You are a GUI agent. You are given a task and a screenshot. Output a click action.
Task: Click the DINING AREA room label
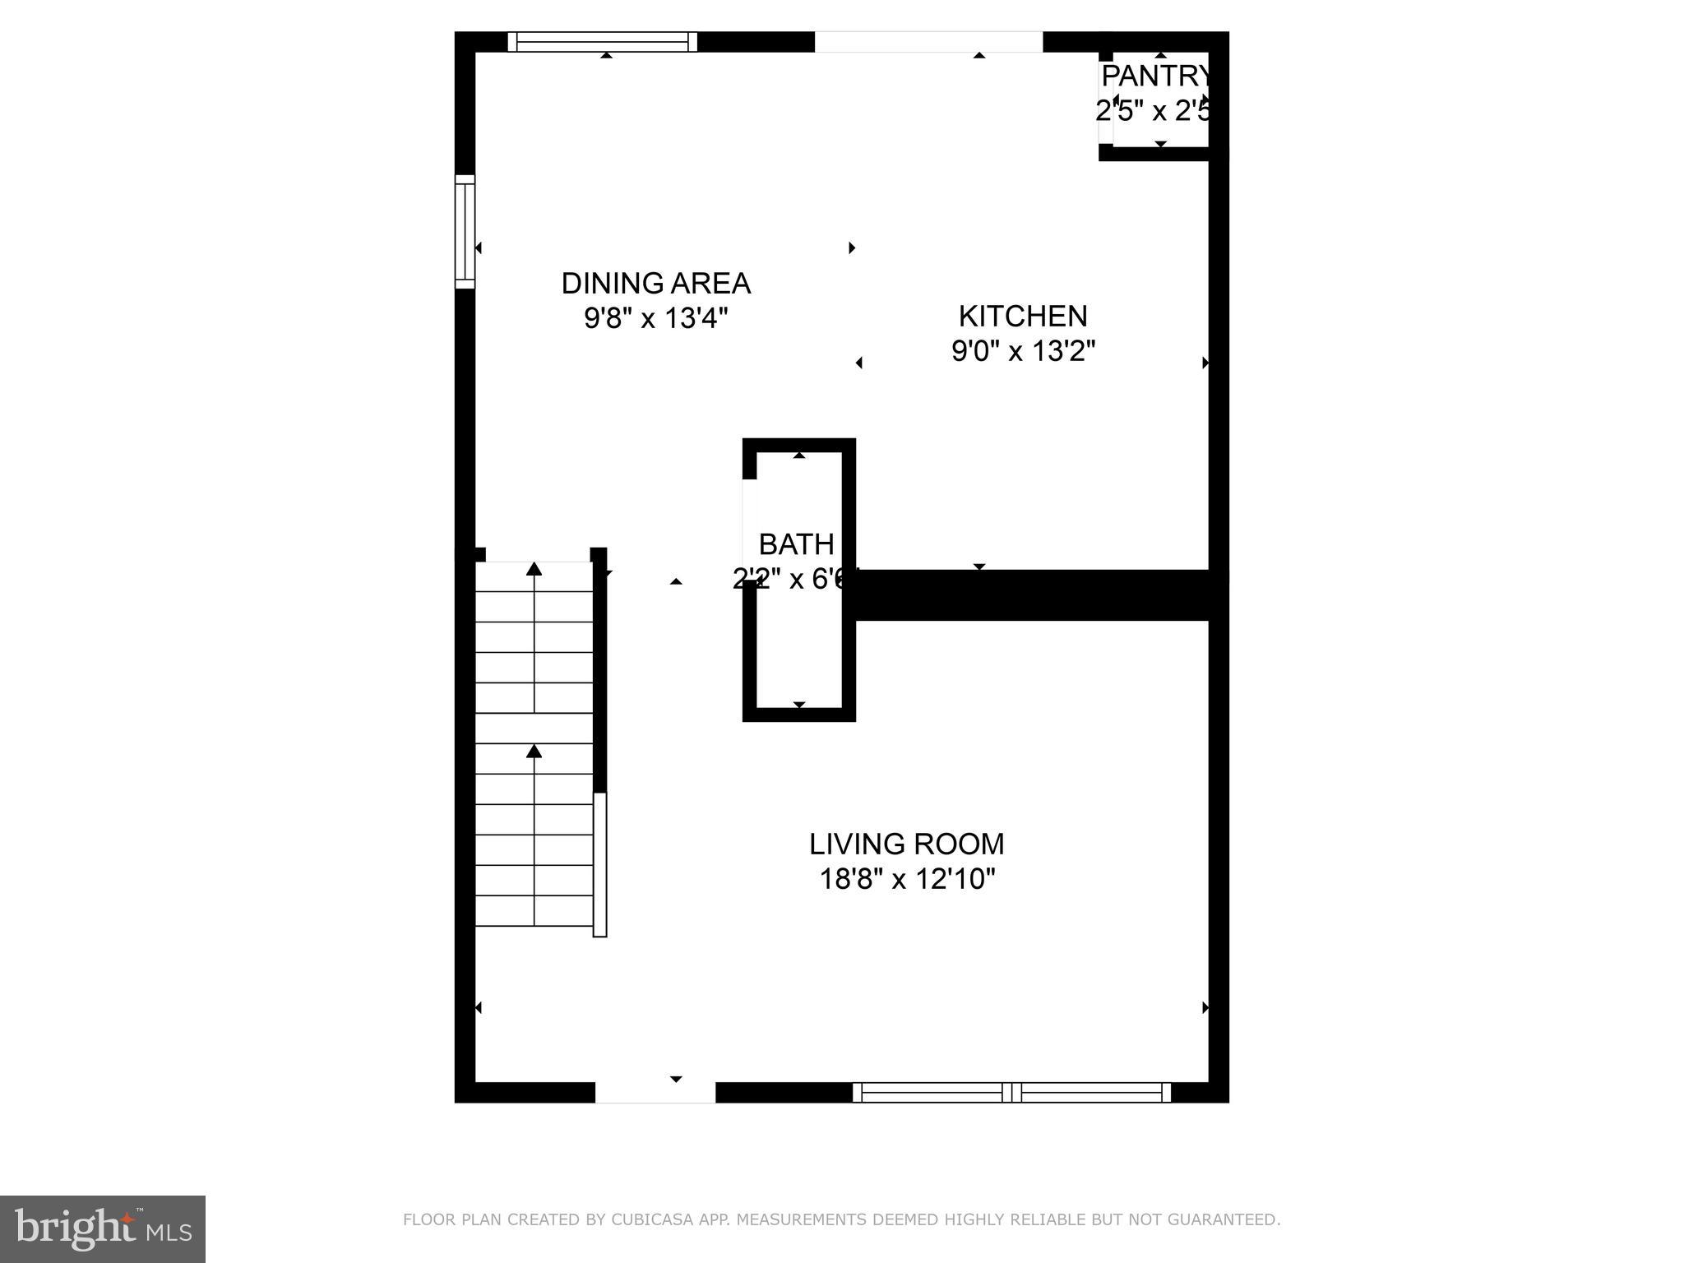coord(655,283)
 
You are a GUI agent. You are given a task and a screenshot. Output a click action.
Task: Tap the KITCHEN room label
coord(1023,316)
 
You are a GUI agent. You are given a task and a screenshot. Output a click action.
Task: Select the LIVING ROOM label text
coord(906,844)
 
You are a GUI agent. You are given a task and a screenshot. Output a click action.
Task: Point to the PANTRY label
coord(1155,76)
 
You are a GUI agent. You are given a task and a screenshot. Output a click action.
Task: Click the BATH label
coord(796,544)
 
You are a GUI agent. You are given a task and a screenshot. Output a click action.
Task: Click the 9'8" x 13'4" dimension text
coord(655,318)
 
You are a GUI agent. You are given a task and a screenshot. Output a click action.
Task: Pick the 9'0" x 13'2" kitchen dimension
coord(1023,351)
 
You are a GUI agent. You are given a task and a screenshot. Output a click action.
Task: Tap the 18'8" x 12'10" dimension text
coord(906,879)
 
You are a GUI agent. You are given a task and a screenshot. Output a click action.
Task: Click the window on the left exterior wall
coord(465,231)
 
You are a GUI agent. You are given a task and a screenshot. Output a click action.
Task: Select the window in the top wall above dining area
coord(602,41)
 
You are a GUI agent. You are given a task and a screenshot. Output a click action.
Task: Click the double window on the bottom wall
coord(1011,1092)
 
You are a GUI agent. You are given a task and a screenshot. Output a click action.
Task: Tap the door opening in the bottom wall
coord(655,1092)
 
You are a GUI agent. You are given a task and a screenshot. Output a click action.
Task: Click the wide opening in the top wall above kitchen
coord(928,41)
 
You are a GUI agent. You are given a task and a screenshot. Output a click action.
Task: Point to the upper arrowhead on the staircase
coord(534,568)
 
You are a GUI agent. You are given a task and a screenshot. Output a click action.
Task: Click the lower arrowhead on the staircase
coord(534,751)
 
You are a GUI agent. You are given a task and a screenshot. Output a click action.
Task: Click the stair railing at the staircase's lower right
coord(600,864)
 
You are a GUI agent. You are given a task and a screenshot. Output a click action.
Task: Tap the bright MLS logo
coord(103,1228)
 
